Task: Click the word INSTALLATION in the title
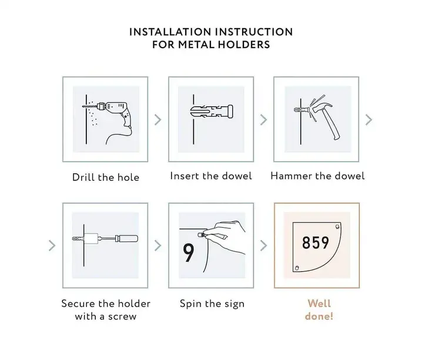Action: [x=170, y=32]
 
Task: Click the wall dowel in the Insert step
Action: [x=212, y=112]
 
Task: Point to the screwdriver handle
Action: [x=126, y=238]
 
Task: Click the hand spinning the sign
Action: [x=226, y=237]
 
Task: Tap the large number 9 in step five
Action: [x=189, y=253]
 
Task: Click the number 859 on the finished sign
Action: [x=316, y=243]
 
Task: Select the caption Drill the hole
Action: [x=106, y=177]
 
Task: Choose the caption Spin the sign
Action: [x=212, y=304]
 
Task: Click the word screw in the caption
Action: [x=122, y=317]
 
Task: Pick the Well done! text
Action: [x=319, y=309]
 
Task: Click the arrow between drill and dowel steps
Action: [x=158, y=120]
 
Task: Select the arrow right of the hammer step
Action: [x=369, y=120]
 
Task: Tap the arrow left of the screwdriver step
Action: [x=52, y=245]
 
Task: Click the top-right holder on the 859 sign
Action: [x=337, y=227]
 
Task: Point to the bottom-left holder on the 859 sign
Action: [x=297, y=268]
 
